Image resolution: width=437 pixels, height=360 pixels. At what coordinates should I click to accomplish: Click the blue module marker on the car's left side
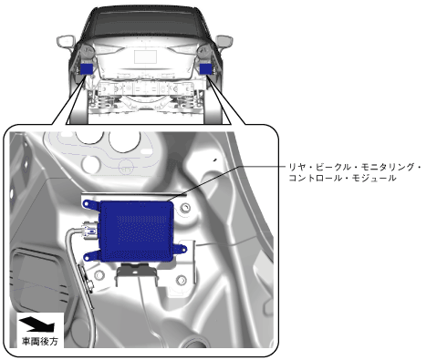[87, 69]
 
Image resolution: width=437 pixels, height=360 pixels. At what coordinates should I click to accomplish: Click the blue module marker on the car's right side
[206, 69]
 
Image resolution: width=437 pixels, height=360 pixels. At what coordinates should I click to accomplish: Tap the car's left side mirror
[66, 41]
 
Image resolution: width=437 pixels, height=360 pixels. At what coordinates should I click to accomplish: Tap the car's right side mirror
[224, 41]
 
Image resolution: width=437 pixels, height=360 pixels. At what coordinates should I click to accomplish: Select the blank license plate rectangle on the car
[146, 57]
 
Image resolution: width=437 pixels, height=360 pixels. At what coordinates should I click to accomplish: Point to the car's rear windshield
[145, 24]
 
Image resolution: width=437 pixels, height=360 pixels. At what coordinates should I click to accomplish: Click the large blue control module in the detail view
[136, 231]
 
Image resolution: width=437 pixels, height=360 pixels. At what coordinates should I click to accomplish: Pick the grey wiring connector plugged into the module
[89, 231]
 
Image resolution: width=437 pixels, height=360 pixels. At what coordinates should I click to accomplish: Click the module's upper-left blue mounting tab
[90, 204]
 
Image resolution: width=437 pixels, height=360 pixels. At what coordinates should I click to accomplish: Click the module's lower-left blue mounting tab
[91, 256]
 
